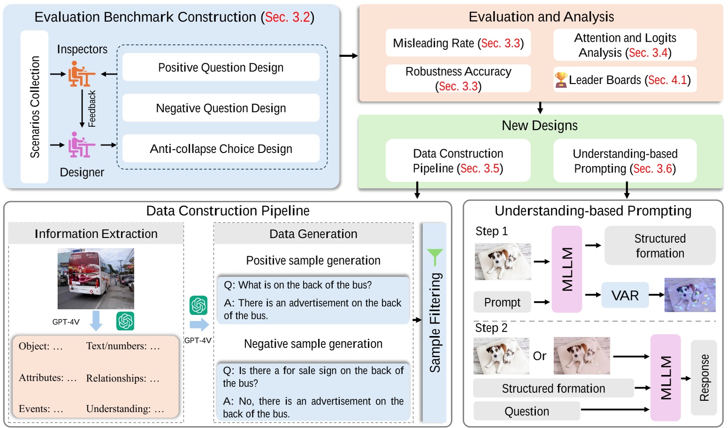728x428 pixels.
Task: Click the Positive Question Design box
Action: pos(221,67)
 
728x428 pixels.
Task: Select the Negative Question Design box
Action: pos(221,108)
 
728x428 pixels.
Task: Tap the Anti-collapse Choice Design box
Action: pos(221,149)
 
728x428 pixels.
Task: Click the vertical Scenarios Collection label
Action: pos(35,107)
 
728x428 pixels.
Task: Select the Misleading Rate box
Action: pos(458,43)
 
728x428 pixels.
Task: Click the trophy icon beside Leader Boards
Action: pos(560,80)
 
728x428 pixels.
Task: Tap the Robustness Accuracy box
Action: pos(458,78)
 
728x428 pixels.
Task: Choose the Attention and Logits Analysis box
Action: pos(625,45)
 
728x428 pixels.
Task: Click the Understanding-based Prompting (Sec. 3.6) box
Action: pos(625,161)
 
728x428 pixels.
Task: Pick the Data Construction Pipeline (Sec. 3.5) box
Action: pos(458,161)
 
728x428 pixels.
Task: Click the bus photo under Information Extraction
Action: pos(96,278)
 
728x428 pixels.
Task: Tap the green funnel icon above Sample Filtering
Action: pos(435,256)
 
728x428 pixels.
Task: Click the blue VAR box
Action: pos(625,295)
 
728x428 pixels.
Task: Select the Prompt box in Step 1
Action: pos(502,302)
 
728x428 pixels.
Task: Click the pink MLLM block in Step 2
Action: pos(666,377)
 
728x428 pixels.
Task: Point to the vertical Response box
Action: pos(704,377)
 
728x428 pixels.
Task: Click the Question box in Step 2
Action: pos(527,411)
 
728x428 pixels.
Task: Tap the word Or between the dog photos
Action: pos(539,356)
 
